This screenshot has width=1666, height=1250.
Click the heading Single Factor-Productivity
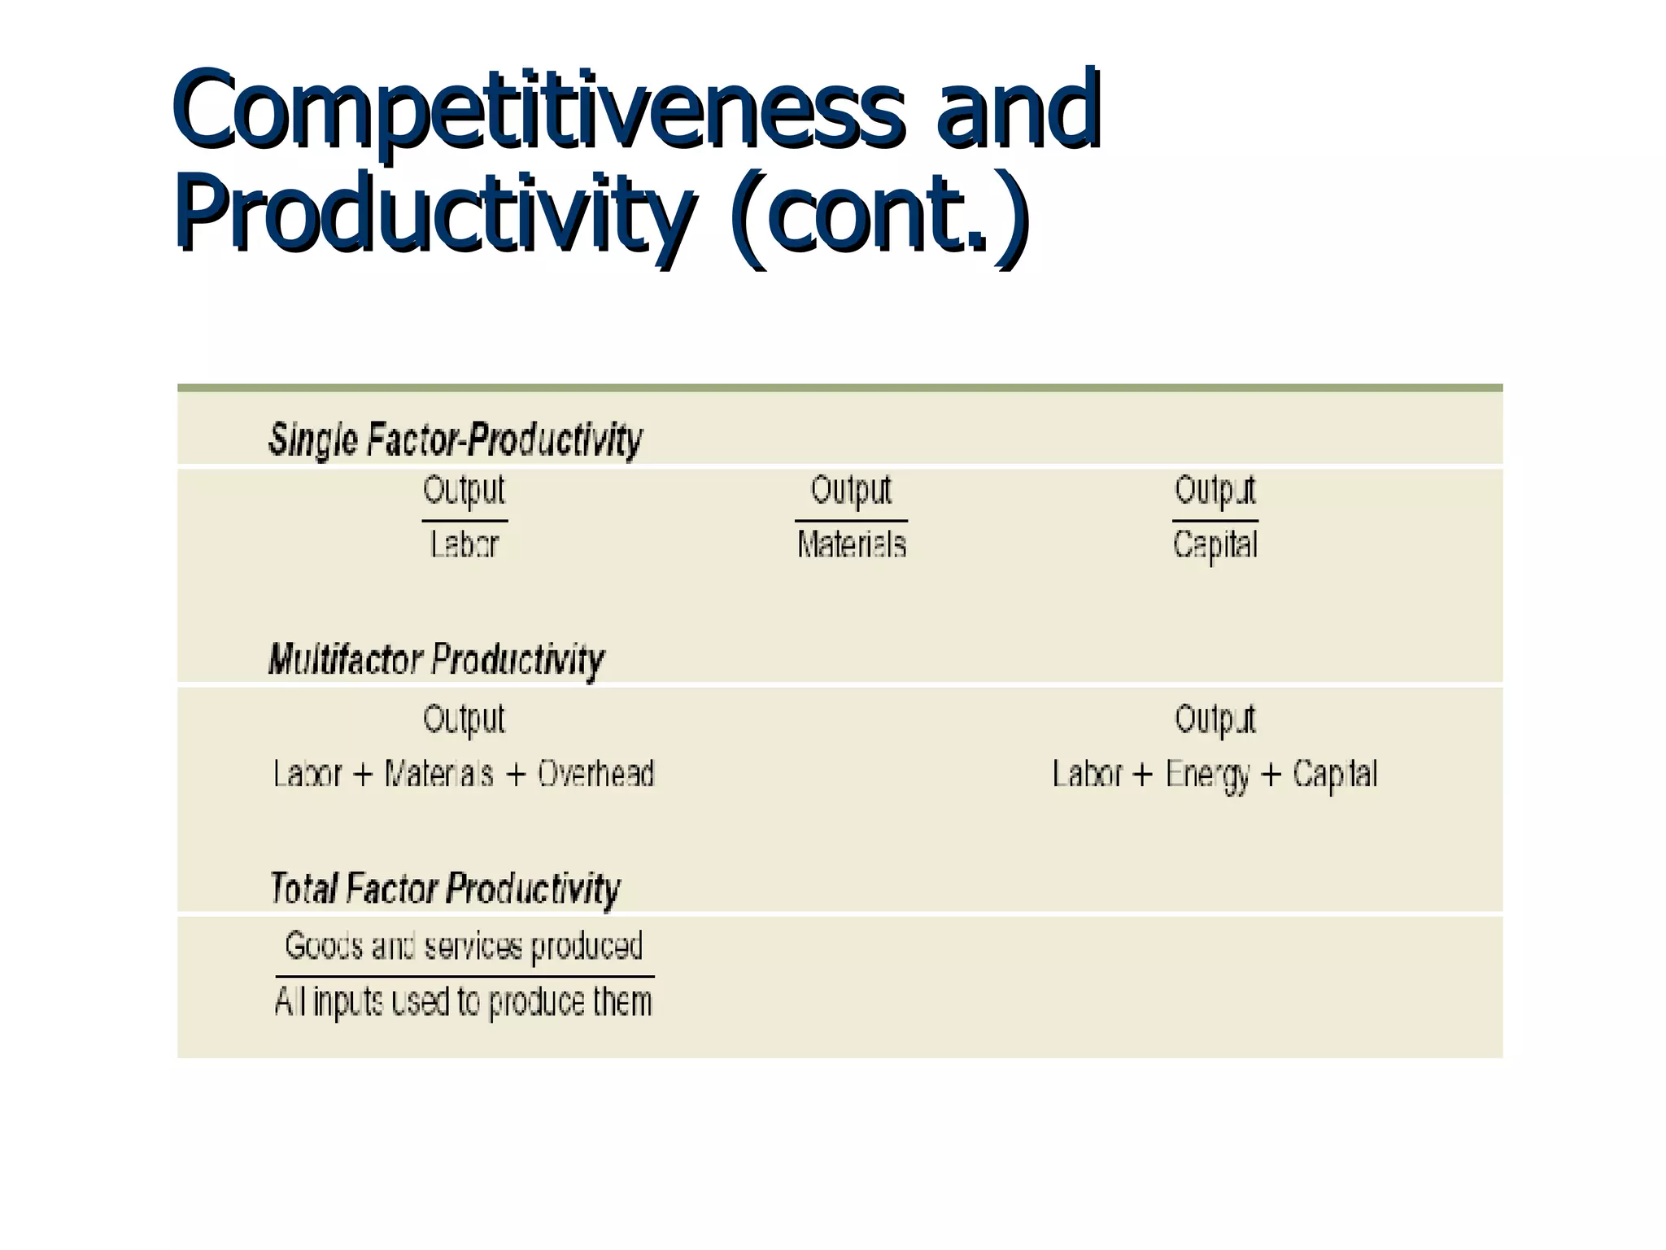coord(456,439)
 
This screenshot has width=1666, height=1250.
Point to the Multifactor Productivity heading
coord(436,659)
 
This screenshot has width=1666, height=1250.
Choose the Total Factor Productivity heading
coord(444,888)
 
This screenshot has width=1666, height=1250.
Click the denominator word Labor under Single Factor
coord(464,544)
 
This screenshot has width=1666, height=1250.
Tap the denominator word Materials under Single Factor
coord(851,544)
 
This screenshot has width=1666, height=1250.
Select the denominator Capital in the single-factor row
coord(1215,544)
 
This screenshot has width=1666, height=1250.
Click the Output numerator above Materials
coord(851,491)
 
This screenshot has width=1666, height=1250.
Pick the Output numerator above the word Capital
coord(1215,491)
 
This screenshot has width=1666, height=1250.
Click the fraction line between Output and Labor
coord(464,521)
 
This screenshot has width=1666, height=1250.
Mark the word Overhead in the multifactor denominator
coord(595,774)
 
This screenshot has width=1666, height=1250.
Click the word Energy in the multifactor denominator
coord(1207,775)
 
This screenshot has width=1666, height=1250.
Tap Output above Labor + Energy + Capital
coord(1215,719)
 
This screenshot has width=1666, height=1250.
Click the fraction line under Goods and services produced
coord(464,976)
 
